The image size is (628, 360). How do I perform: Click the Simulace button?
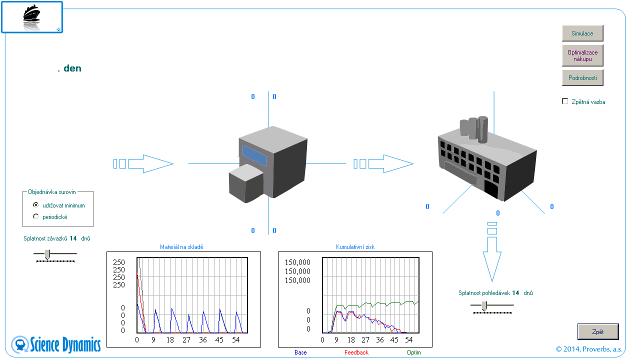[582, 33]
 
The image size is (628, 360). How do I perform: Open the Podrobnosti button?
[582, 78]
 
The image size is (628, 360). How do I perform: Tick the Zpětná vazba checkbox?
[565, 101]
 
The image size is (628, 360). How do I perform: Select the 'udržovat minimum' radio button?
[35, 205]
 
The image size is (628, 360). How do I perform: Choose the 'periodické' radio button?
[35, 216]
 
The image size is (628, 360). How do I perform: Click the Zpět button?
[597, 331]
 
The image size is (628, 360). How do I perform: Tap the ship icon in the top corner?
[31, 17]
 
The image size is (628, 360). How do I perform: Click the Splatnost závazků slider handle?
[47, 254]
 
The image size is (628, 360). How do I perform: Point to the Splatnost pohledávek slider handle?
[484, 306]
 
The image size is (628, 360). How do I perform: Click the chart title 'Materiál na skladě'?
[181, 247]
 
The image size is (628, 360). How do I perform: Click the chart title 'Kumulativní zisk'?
[355, 247]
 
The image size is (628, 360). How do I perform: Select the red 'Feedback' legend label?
[356, 352]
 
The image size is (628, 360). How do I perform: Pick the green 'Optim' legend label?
[414, 352]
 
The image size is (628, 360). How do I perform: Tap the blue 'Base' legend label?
[300, 352]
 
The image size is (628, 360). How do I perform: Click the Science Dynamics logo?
[56, 344]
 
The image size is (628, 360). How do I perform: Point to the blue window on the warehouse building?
[254, 156]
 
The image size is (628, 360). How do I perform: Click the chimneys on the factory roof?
[474, 129]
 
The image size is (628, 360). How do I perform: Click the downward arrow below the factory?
[492, 252]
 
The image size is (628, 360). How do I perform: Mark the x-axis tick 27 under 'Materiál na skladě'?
[186, 340]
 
